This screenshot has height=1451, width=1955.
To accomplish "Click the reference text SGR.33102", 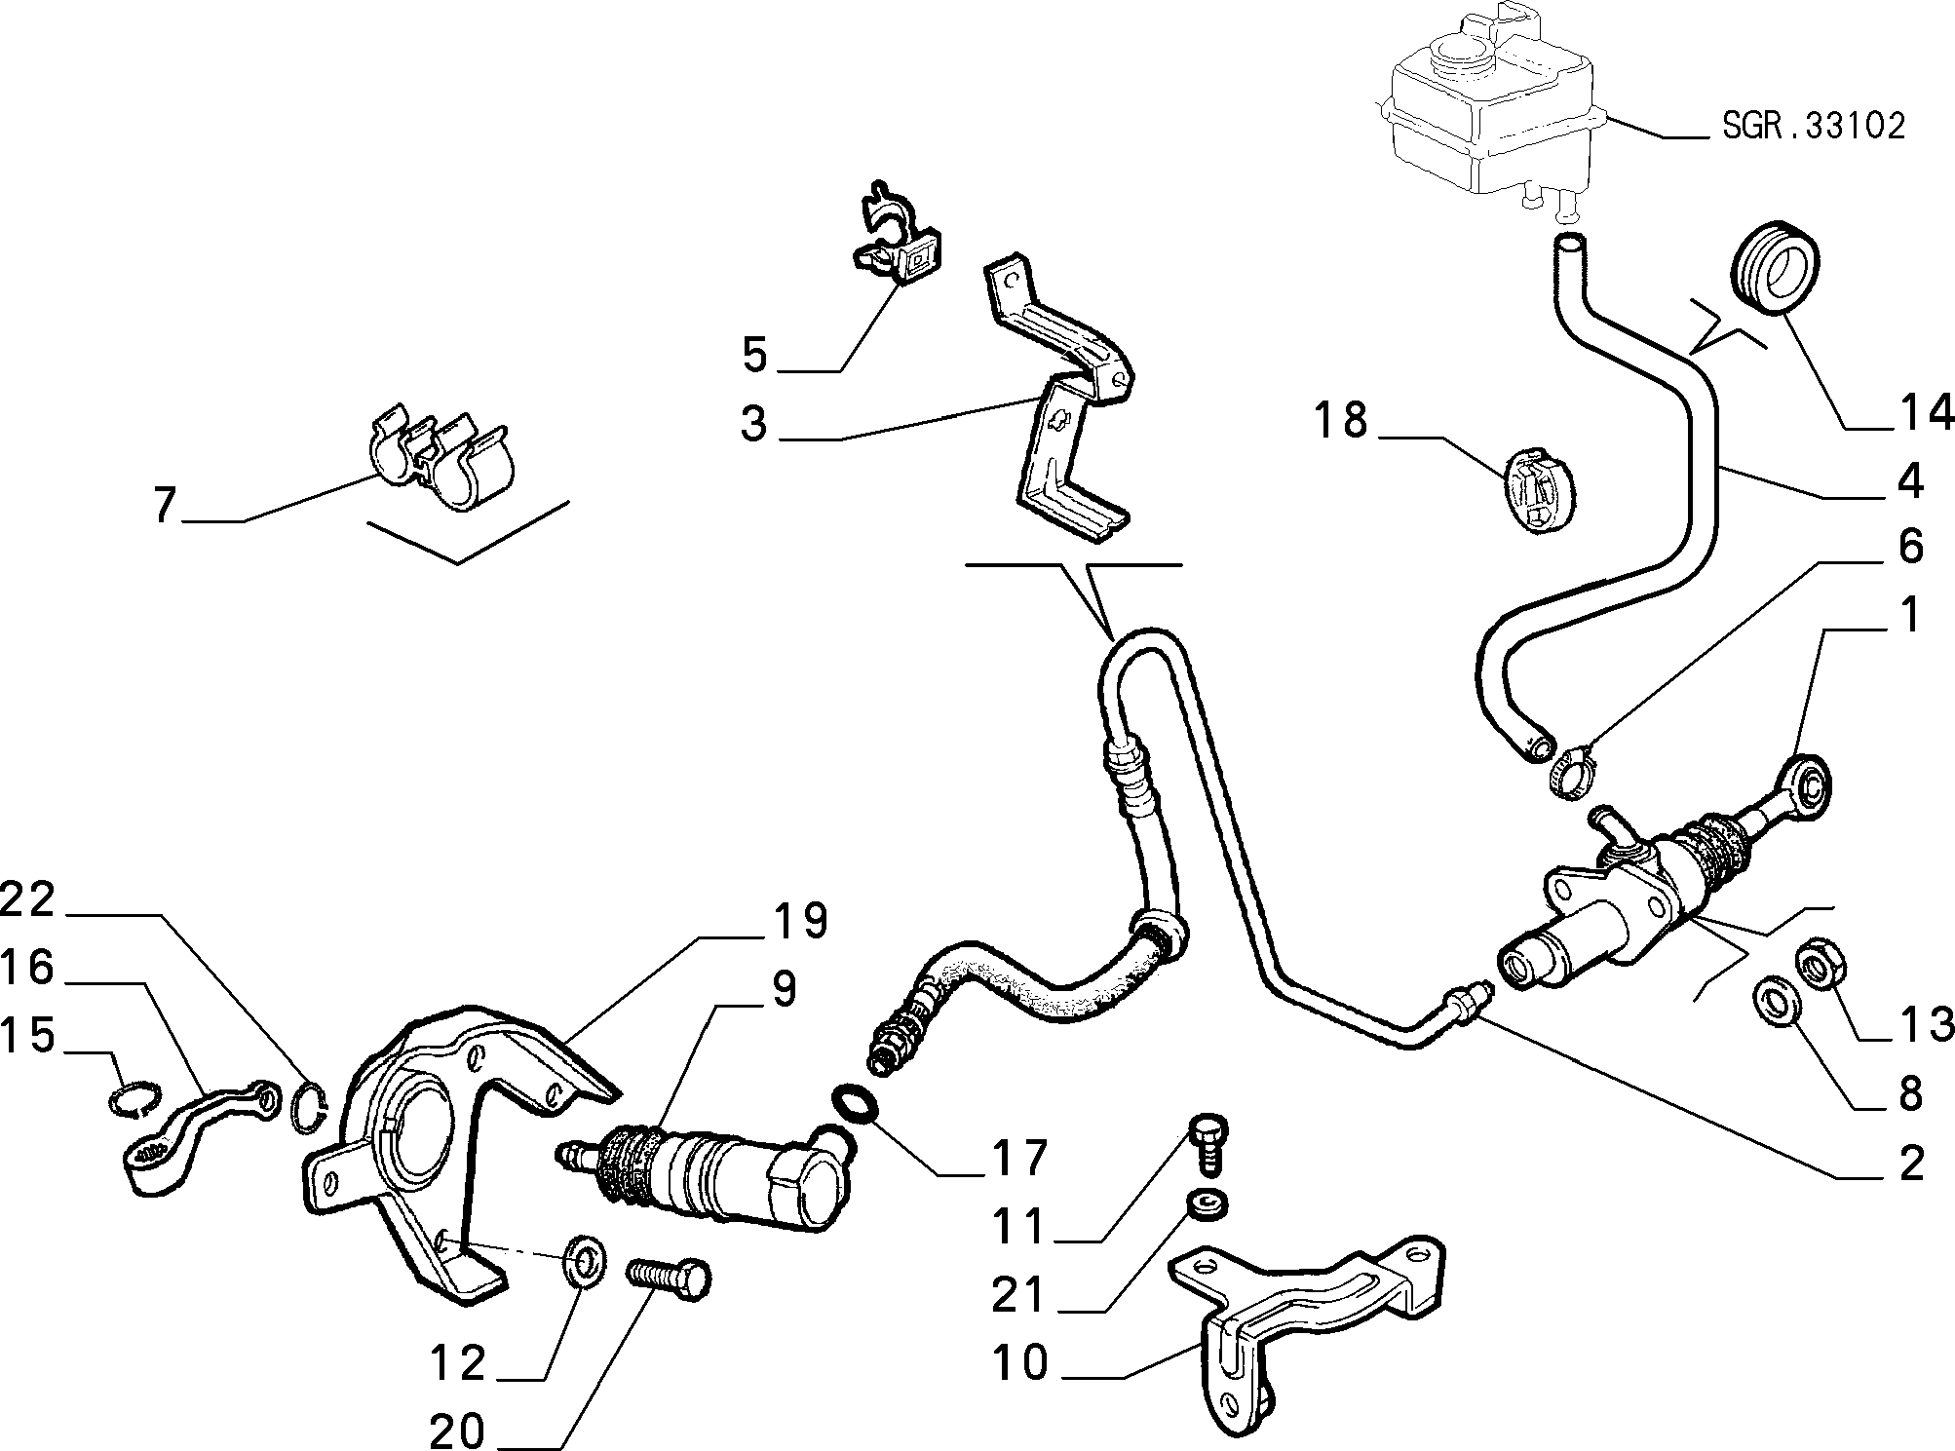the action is (1813, 127).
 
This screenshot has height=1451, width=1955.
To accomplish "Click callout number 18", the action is (1341, 421).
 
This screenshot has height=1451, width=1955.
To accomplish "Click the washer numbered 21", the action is (1207, 1204).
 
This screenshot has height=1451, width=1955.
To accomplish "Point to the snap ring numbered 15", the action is (133, 1099).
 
